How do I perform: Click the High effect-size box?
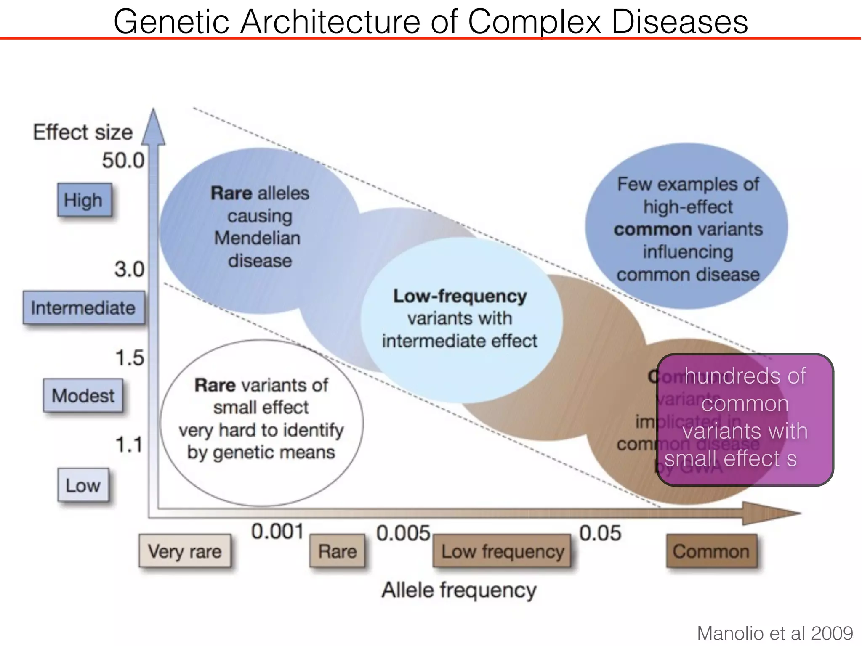point(84,200)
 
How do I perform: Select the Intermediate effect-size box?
point(83,308)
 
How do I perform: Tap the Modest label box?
point(83,395)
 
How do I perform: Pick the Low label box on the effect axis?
point(83,485)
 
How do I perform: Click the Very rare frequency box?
point(185,551)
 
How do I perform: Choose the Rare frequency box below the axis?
point(337,551)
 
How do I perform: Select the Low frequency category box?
point(502,551)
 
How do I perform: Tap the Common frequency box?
point(711,551)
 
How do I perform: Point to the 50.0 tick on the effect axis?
point(123,161)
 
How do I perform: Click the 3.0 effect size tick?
point(129,269)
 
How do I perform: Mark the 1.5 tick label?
point(130,358)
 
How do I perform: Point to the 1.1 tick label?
point(129,445)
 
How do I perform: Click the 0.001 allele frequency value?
point(277,532)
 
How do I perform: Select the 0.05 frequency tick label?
point(600,533)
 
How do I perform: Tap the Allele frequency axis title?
point(459,590)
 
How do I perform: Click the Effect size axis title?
point(83,132)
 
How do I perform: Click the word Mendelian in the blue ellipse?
point(257,238)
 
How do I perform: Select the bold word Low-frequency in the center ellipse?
point(460,296)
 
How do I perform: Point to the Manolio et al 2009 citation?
point(775,633)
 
